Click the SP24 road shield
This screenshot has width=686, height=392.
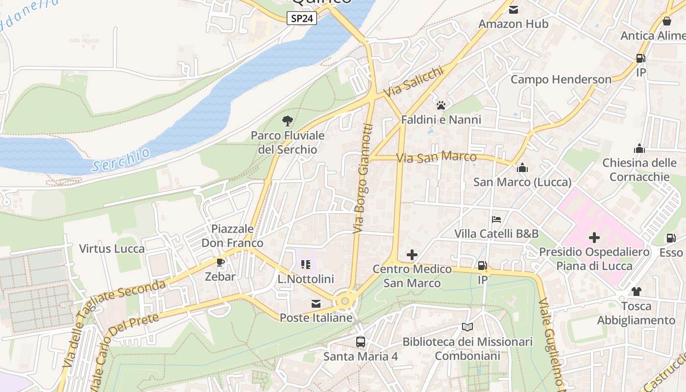302,19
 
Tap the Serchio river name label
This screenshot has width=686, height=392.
121,160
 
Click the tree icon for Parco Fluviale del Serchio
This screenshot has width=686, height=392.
288,121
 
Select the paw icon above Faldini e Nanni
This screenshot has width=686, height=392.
441,105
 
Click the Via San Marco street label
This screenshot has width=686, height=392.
436,157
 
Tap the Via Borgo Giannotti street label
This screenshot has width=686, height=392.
363,178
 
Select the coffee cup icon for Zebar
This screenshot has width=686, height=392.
220,262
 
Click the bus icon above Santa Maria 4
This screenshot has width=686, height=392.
361,342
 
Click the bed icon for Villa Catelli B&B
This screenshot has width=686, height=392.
496,219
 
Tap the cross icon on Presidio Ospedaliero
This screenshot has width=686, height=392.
594,238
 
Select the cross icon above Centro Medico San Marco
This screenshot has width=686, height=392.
412,255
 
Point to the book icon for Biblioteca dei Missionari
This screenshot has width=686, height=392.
467,327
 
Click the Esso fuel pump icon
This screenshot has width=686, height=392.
670,238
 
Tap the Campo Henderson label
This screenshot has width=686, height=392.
561,79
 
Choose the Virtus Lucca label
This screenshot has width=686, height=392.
112,248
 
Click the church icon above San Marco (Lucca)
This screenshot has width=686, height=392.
522,168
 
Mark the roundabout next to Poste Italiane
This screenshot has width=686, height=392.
345,300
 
